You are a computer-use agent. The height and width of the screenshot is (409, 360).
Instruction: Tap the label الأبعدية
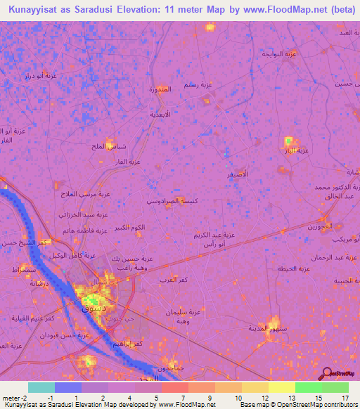(x=161, y=113)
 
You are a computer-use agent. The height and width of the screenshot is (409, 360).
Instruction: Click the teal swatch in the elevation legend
(x=41, y=387)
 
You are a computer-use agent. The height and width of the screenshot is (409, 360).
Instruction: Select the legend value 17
(x=345, y=399)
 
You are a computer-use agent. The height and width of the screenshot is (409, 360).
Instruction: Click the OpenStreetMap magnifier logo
(x=326, y=373)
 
